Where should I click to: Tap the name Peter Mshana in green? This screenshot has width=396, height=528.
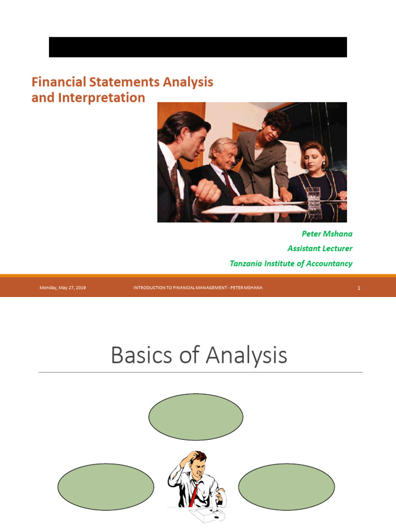click(x=327, y=234)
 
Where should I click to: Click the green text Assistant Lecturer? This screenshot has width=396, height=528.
click(x=320, y=249)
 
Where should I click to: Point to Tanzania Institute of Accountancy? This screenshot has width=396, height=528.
click(x=291, y=263)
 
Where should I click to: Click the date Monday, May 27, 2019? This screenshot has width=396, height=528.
click(x=62, y=288)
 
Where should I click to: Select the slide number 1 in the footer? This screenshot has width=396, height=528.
click(x=358, y=288)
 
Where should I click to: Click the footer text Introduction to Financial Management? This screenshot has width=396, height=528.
click(x=198, y=288)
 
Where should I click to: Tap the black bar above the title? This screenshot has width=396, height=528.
click(x=198, y=47)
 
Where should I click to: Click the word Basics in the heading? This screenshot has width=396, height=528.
click(x=140, y=356)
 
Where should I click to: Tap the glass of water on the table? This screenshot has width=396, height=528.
click(x=313, y=196)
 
